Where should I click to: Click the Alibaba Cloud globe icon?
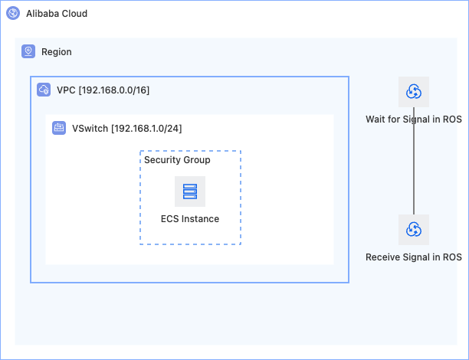point(13,13)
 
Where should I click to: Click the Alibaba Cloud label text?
point(57,14)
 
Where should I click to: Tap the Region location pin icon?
point(28,51)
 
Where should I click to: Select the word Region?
point(57,52)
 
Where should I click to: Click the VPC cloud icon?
point(44,90)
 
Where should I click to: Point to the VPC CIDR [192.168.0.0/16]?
point(114,90)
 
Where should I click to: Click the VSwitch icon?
point(59,128)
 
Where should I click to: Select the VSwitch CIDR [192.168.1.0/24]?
point(146,128)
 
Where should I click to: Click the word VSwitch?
point(90,128)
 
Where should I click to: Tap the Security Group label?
point(177,160)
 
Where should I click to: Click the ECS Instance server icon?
point(190,191)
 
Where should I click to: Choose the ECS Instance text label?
point(190,219)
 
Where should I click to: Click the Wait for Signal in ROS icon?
point(414,92)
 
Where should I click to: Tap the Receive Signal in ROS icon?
point(414,230)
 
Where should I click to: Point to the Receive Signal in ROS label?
point(414,257)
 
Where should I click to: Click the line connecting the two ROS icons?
point(414,161)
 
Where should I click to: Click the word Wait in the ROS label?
point(375,119)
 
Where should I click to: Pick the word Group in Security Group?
point(196,160)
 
